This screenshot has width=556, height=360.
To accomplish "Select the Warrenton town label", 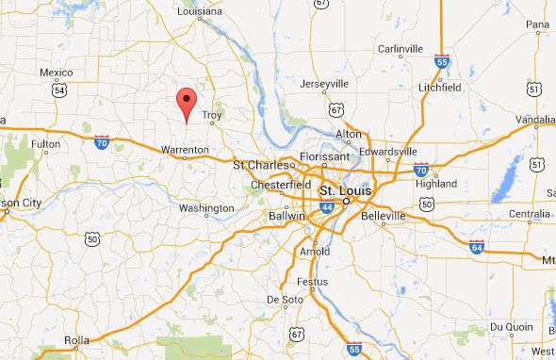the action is (185, 150).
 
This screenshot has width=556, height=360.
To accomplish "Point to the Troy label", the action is (210, 115).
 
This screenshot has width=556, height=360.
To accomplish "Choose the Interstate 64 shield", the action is (477, 247).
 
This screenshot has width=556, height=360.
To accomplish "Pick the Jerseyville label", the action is (323, 84).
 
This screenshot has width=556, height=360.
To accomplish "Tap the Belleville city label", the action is (384, 215).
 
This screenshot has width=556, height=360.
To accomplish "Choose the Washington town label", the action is (205, 207).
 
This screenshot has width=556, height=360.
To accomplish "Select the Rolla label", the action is (75, 341).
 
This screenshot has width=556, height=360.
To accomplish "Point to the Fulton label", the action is (45, 143).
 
